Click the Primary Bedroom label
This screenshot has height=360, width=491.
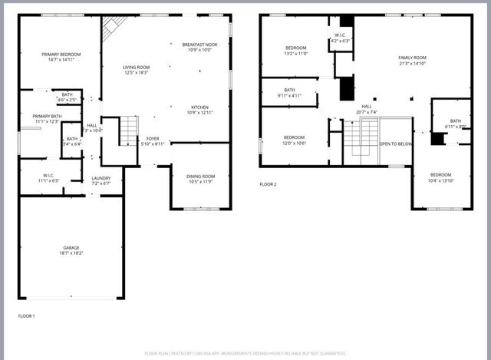[61, 54]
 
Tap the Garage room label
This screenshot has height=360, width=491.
[74, 247]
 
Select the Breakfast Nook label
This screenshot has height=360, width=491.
[199, 45]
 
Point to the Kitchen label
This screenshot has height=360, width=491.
[199, 107]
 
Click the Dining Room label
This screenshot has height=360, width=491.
[201, 177]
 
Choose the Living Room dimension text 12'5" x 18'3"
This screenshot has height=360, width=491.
[137, 74]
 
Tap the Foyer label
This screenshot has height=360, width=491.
[153, 138]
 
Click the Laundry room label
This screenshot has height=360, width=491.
[101, 178]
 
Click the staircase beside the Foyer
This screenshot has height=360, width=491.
[128, 131]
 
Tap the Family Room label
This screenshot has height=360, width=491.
[412, 58]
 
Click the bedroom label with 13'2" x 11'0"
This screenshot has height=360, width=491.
[295, 48]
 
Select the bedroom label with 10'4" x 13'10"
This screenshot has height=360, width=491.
[440, 175]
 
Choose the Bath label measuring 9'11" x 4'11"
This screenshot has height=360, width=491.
[289, 90]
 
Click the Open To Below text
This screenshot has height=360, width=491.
[396, 144]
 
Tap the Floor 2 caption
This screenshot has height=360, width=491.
[268, 184]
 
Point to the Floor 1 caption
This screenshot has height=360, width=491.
[26, 315]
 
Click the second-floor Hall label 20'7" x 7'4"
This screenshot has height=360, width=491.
[367, 106]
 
